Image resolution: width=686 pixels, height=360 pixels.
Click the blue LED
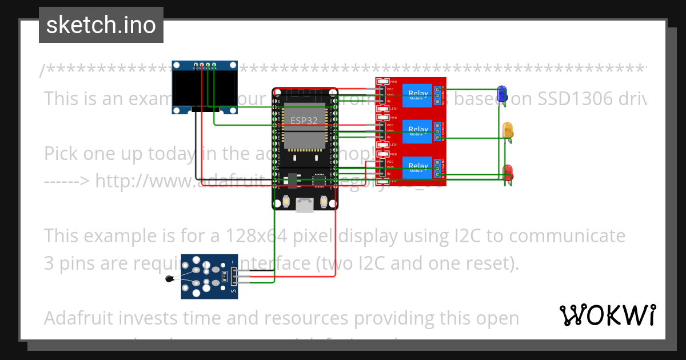tap(502, 94)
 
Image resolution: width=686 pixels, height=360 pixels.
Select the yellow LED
tap(507, 130)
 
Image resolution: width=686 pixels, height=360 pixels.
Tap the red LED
tap(507, 172)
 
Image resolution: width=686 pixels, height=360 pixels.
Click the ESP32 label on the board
tap(304, 121)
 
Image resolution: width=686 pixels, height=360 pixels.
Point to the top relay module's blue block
tap(417, 95)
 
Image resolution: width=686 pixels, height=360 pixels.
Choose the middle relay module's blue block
tap(417, 131)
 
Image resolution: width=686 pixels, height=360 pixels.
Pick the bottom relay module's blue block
tap(417, 167)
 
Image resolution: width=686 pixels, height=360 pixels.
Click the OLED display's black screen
tap(205, 91)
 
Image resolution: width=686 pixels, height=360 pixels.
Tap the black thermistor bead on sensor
tap(169, 279)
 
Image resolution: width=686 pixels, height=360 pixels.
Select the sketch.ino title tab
tap(101, 25)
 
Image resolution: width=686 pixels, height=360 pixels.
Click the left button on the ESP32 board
tap(285, 202)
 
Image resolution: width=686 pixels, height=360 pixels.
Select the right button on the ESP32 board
tap(324, 202)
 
